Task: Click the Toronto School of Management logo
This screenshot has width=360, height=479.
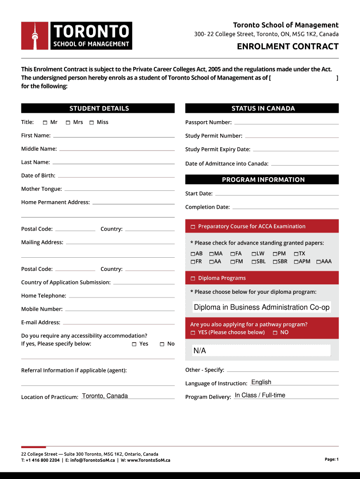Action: tap(77, 36)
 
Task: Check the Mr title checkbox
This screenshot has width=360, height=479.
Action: tap(45, 123)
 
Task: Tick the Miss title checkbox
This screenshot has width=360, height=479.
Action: tap(92, 123)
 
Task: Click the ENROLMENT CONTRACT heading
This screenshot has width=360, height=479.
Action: tap(288, 46)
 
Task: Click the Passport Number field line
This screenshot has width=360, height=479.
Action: tap(286, 123)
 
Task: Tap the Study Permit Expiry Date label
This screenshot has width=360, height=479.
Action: tap(217, 150)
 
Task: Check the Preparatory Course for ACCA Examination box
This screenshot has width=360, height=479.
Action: tap(193, 227)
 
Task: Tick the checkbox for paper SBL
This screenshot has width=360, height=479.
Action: tap(254, 262)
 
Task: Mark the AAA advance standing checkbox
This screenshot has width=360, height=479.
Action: tap(318, 262)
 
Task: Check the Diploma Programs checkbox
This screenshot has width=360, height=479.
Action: tap(193, 279)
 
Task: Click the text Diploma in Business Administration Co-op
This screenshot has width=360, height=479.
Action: tap(261, 307)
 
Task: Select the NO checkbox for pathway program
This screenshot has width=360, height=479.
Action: tap(275, 333)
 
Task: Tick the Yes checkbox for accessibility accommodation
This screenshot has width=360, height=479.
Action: tap(134, 344)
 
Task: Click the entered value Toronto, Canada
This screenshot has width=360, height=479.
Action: tap(105, 396)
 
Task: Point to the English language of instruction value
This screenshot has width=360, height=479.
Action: tap(261, 382)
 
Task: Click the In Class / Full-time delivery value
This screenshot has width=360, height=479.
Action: tap(260, 395)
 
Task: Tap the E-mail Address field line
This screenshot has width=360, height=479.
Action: tap(118, 323)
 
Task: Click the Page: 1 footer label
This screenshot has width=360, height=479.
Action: tap(331, 459)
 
